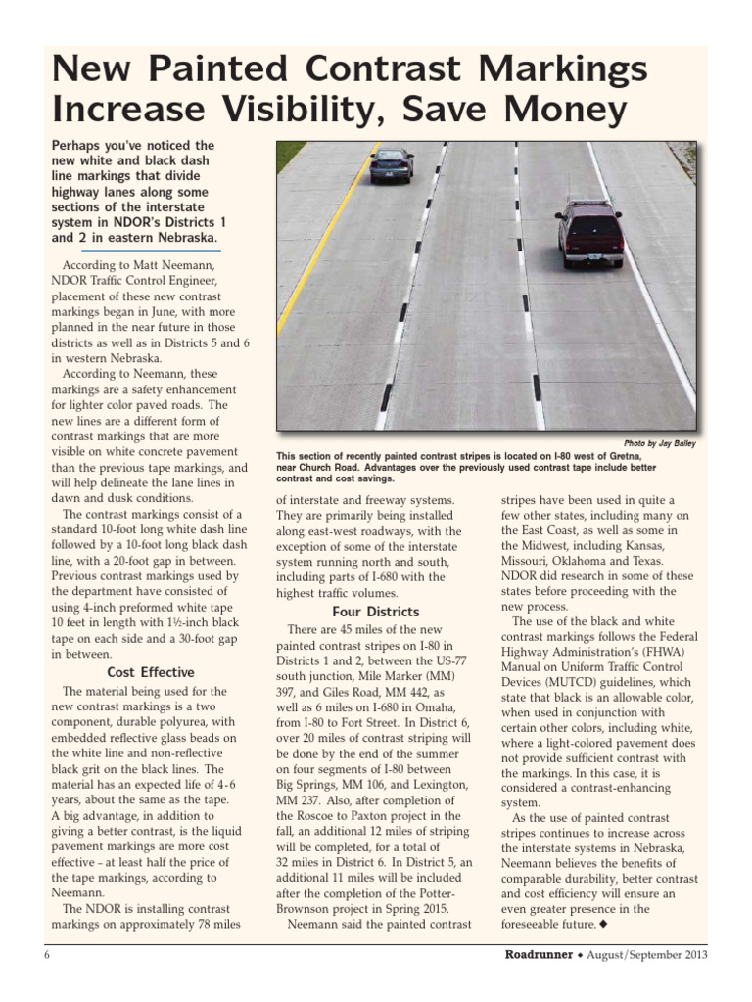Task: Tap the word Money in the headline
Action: [556, 111]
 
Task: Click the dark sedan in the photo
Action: [392, 165]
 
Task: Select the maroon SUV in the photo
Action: [589, 233]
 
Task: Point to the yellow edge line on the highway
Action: [313, 264]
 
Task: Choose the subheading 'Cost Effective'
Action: [150, 672]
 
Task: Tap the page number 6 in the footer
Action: [46, 955]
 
